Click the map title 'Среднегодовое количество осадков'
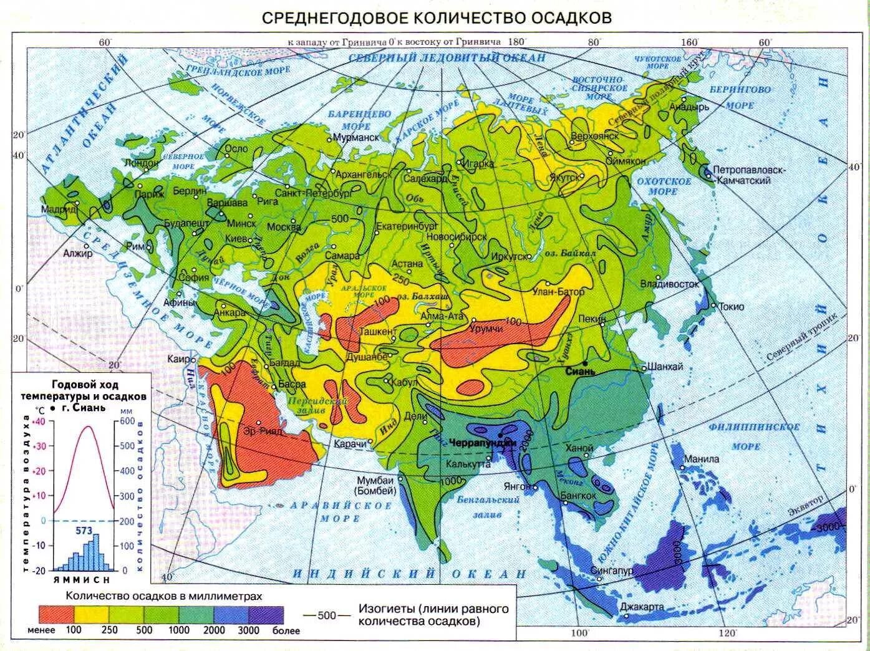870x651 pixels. (x=436, y=17)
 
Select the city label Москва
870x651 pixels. (x=284, y=228)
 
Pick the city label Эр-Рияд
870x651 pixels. (x=263, y=431)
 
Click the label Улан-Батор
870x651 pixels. (x=558, y=292)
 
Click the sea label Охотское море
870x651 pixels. (x=664, y=186)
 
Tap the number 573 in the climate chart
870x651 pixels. (x=84, y=531)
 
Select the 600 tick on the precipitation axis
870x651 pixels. (x=127, y=422)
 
